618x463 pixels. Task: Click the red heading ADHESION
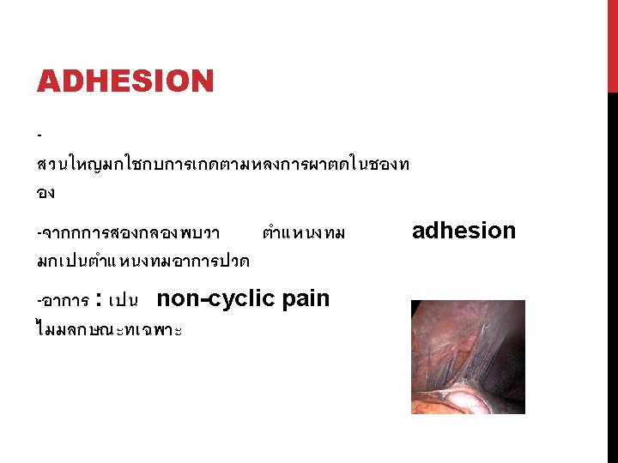pyautogui.click(x=124, y=82)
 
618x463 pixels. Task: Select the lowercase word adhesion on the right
pyautogui.click(x=463, y=231)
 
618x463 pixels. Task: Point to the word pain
pyautogui.click(x=306, y=299)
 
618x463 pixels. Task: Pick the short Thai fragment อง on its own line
pyautogui.click(x=45, y=194)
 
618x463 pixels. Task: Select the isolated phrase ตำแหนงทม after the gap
pyautogui.click(x=304, y=233)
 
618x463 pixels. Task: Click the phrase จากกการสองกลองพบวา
pyautogui.click(x=128, y=233)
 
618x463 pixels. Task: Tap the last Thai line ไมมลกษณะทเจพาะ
pyautogui.click(x=109, y=330)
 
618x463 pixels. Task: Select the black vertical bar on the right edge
pyautogui.click(x=612, y=274)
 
